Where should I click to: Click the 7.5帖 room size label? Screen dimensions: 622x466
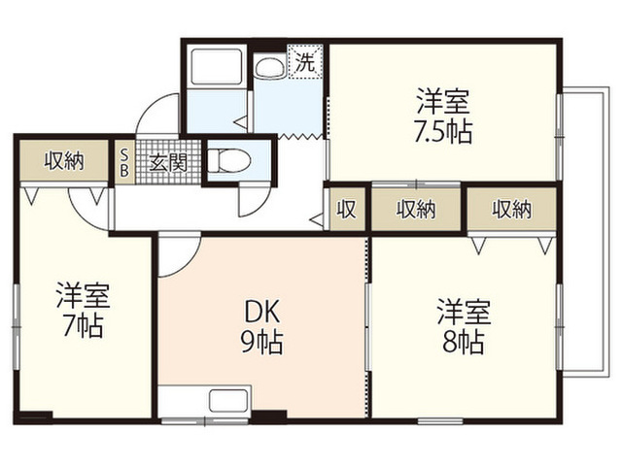(443, 133)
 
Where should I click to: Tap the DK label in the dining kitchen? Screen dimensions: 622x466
(261, 312)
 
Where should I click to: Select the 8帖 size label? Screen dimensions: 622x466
(463, 343)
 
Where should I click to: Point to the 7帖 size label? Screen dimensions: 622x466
(84, 326)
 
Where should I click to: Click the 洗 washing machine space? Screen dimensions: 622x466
(305, 62)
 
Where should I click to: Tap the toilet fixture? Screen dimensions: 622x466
(229, 160)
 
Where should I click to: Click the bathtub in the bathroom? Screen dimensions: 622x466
(216, 66)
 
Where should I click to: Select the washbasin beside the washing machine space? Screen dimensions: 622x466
(270, 68)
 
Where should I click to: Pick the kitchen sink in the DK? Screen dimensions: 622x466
(229, 400)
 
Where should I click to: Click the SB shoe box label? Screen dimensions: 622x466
(124, 162)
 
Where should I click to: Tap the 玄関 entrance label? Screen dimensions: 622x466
(168, 162)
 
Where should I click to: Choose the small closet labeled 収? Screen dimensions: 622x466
(347, 209)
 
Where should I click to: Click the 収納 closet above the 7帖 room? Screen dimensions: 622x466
(64, 161)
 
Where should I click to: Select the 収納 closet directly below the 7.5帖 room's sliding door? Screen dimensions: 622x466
(416, 209)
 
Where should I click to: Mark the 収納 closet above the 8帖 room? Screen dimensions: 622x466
(512, 209)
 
